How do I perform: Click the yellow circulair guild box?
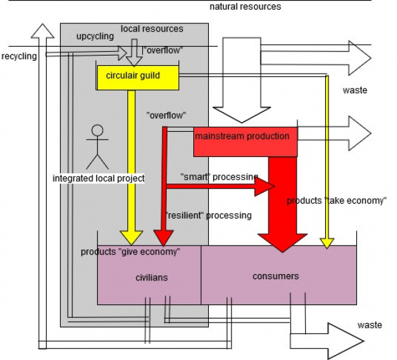point(137,77)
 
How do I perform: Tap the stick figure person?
point(98,146)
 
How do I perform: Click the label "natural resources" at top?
point(245,6)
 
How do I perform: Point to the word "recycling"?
point(19,56)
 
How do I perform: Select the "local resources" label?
point(152,29)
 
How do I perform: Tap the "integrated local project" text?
point(98,178)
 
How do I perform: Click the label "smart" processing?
point(219,177)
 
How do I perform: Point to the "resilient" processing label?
point(208,215)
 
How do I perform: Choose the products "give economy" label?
point(130,251)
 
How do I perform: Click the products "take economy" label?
point(336,201)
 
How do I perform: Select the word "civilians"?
point(151,277)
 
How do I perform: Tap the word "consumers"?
point(275,276)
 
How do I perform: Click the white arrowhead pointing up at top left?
point(42,32)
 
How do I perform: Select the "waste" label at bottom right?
point(369,325)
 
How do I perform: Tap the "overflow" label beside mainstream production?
point(166,115)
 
